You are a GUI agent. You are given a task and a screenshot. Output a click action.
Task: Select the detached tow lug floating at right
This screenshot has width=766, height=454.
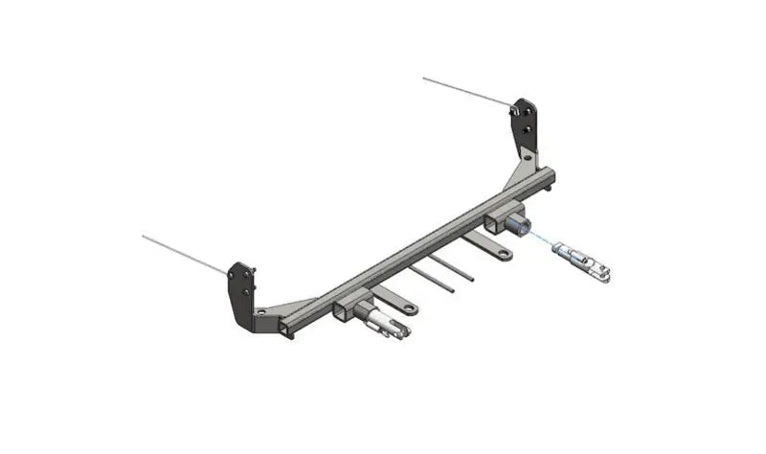pyautogui.click(x=585, y=261)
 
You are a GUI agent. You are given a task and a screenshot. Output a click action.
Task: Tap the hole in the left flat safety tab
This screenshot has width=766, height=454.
pyautogui.click(x=410, y=309)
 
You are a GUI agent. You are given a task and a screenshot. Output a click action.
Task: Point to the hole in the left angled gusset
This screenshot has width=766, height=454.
pyautogui.click(x=261, y=311)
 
